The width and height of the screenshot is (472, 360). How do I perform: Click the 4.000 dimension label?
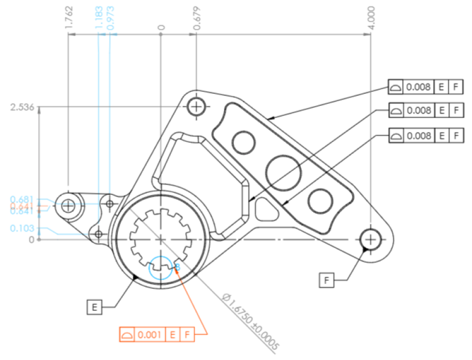coord(371,18)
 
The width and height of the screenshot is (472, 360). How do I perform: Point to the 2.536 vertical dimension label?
coord(22,107)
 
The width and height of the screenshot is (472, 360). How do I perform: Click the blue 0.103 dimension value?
coord(22,228)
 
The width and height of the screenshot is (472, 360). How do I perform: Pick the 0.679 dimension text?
coord(197,19)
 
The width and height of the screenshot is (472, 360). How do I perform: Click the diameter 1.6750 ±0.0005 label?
coord(250,321)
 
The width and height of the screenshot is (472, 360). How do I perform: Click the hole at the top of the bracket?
coord(196,107)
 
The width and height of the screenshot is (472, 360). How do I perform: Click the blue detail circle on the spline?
coord(162,268)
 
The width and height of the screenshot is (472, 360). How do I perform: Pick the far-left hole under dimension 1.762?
coord(68,206)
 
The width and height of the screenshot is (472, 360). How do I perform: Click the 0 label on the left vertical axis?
coord(31,240)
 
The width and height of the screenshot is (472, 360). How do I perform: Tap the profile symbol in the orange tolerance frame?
coord(127,335)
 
